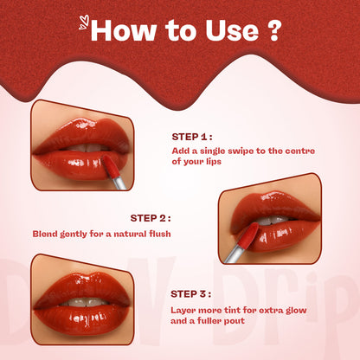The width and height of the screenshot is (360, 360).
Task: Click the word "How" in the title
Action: [x=121, y=31]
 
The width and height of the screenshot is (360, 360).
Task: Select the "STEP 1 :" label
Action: [x=192, y=136]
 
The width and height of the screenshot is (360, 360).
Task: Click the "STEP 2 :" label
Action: [x=151, y=218]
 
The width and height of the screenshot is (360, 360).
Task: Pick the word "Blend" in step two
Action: [x=48, y=233]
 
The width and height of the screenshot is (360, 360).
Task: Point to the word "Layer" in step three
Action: [x=186, y=309]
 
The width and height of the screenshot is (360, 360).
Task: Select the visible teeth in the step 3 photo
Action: [x=82, y=302]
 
